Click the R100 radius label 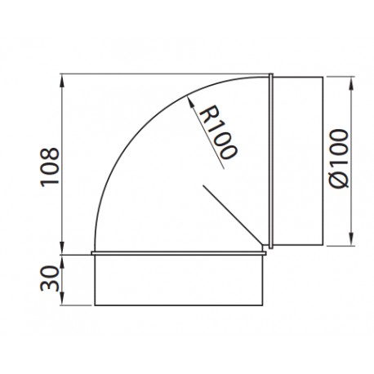click(218, 132)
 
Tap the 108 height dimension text click(50, 167)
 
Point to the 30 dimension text click(50, 278)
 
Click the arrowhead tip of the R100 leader click(187, 96)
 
